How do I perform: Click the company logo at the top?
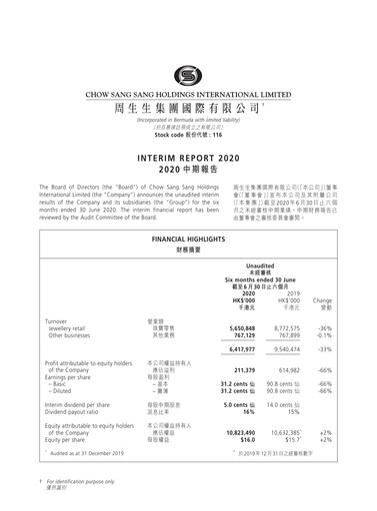pyautogui.click(x=188, y=76)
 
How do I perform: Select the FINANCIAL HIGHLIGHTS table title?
pyautogui.click(x=188, y=214)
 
